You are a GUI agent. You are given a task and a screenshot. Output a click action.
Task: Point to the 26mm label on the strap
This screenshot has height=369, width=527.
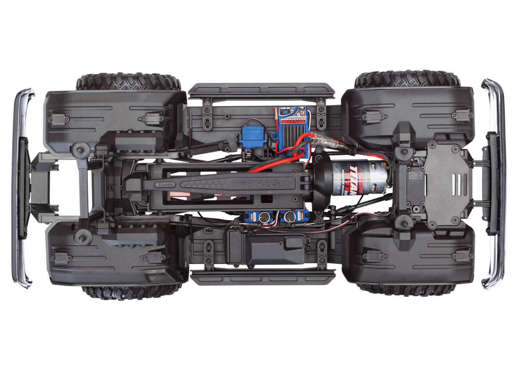click(x=164, y=185)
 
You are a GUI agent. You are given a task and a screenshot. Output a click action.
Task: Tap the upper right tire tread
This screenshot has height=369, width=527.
click(x=407, y=79)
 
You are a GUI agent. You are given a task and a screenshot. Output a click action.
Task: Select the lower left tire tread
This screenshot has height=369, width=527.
click(x=131, y=292)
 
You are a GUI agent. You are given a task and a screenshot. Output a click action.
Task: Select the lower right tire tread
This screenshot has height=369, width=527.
click(x=407, y=290)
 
